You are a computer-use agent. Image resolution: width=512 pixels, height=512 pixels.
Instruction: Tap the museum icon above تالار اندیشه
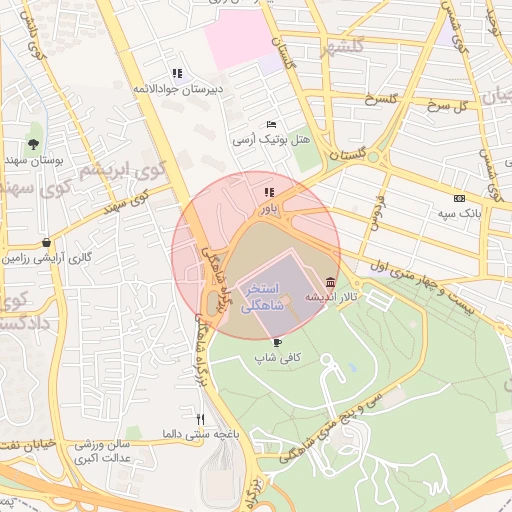pos(331,283)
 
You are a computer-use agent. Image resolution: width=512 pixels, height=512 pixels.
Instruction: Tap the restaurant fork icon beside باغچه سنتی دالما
pos(201,420)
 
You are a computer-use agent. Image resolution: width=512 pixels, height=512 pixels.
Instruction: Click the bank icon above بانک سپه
pos(459,198)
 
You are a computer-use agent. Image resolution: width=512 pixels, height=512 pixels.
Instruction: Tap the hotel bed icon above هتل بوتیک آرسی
pos(271,124)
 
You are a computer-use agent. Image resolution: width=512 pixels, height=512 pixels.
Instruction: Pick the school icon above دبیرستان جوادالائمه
pos(177,73)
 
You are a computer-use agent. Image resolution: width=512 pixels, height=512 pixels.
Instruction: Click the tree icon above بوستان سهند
pos(34,144)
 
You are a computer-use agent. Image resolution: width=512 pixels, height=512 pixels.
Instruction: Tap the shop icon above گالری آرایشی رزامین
pos(47,242)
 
